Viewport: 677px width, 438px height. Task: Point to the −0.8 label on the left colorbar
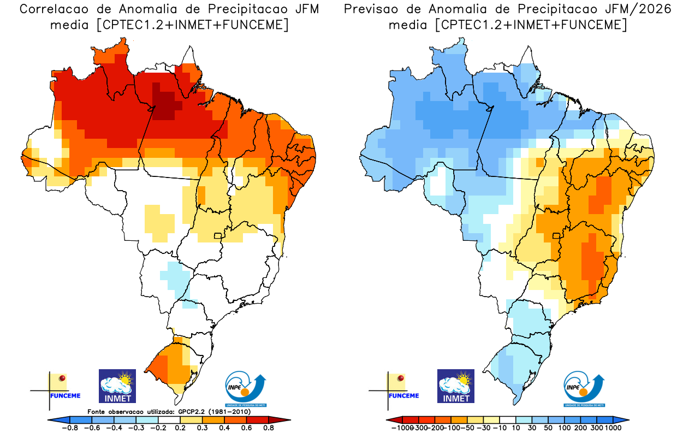[x=68, y=429]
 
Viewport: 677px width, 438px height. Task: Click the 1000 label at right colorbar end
[x=612, y=429]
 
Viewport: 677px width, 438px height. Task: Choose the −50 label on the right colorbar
[x=468, y=429]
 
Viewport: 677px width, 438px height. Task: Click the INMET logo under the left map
[x=117, y=386]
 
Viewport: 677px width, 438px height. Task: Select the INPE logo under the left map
[x=246, y=388]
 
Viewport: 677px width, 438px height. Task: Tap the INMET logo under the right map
[x=456, y=386]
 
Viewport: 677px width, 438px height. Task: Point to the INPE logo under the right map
[x=584, y=388]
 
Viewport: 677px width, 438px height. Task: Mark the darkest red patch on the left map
[x=167, y=104]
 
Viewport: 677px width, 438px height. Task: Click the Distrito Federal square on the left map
[x=218, y=236]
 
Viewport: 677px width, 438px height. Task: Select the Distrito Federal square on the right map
[x=556, y=236]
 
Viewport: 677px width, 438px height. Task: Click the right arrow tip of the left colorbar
[x=289, y=419]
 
